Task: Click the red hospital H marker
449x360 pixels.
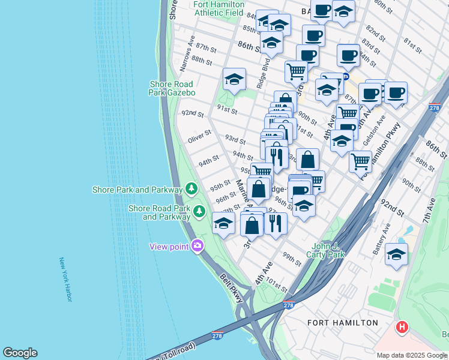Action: [x=402, y=328]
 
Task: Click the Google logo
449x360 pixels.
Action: [x=20, y=353]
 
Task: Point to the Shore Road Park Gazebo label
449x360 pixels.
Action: [x=172, y=89]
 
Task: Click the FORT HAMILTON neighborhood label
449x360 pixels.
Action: [x=343, y=323]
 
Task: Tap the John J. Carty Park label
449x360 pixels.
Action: [x=328, y=250]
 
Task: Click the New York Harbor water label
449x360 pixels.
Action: [x=65, y=280]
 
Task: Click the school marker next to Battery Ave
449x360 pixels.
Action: [x=396, y=254]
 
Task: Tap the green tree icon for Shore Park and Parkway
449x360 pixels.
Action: [x=191, y=189]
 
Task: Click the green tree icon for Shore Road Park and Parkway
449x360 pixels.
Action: [x=199, y=211]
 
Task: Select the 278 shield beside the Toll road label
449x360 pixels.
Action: [x=218, y=334]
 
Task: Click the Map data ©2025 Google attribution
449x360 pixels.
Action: [x=412, y=355]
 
